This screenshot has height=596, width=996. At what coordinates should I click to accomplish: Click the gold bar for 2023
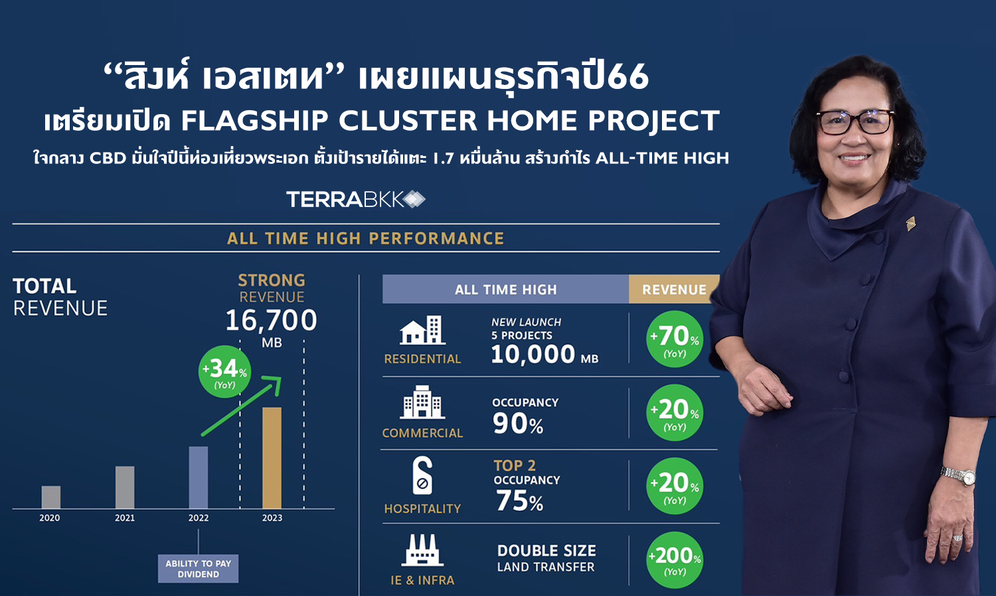[272, 458]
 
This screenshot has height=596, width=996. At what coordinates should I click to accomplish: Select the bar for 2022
[199, 477]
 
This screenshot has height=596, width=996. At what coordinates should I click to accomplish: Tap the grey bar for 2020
[51, 497]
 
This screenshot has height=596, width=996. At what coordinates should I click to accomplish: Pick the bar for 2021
[125, 487]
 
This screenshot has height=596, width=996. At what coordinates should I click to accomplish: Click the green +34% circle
[224, 372]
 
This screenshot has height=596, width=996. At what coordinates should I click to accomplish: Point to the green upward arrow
[242, 406]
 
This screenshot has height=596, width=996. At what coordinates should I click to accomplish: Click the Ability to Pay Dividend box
[199, 568]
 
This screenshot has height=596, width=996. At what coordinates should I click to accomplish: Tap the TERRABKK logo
[356, 199]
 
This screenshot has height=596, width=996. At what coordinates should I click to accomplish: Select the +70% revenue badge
[675, 339]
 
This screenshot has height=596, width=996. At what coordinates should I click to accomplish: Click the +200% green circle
[675, 559]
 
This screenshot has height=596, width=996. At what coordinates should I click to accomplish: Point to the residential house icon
[422, 331]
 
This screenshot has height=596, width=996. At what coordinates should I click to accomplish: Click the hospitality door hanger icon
[422, 475]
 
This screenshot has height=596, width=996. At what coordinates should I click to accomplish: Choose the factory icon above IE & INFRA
[422, 550]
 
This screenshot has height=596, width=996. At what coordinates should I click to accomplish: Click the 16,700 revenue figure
[271, 320]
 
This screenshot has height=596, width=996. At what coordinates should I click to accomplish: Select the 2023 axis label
[272, 518]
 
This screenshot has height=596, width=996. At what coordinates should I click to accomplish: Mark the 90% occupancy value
[517, 423]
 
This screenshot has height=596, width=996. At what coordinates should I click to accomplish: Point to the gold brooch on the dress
[910, 224]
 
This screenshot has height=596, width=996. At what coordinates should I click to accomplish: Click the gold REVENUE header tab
[674, 289]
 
